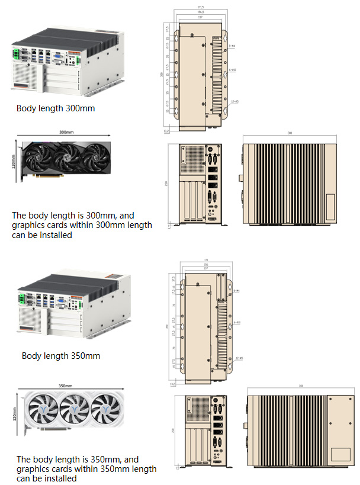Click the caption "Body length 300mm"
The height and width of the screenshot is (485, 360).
point(55,108)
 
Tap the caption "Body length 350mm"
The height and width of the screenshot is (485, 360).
point(60,356)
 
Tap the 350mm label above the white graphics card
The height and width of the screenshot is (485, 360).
point(66,386)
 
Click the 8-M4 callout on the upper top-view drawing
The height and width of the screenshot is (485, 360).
point(233,45)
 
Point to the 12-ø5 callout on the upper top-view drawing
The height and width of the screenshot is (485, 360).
point(234,102)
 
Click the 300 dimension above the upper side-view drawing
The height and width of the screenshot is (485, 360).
point(290,133)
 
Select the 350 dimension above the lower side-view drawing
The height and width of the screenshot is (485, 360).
point(301,386)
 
